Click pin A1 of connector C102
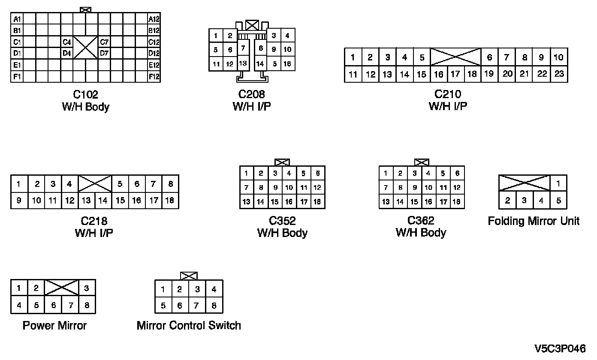pos(17,19)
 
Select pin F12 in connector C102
pos(154,77)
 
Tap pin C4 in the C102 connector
pos(66,42)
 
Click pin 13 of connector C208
pos(243,63)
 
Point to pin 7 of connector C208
pos(243,48)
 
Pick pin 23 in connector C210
pos(559,74)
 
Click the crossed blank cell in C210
pos(455,57)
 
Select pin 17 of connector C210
pos(455,74)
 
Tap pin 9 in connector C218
pos(19,200)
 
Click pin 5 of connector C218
pos(120,184)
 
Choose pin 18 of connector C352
pos(317,201)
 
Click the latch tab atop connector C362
pos(422,162)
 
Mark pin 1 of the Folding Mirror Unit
pos(558,183)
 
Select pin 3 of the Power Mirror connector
pos(86,288)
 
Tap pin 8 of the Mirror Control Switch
pos(214,305)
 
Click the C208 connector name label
pos(252,94)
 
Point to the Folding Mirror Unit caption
pos(534,221)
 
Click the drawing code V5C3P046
pos(559,348)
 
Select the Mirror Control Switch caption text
pos(189,325)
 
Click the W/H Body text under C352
pos(282,233)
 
